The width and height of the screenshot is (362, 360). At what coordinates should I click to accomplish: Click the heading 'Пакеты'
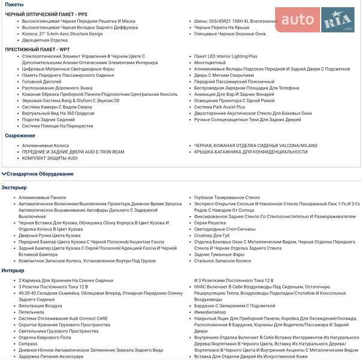pyautogui.click(x=14, y=4)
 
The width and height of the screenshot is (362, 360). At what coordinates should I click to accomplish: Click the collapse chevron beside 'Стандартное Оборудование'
pyautogui.click(x=4, y=174)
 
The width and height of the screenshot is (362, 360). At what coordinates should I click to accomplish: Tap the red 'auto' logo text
pyautogui.click(x=297, y=20)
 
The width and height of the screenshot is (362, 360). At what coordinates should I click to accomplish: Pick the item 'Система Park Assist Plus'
pyautogui.click(x=220, y=106)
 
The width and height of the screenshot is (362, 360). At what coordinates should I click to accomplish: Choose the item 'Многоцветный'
pyautogui.click(x=210, y=62)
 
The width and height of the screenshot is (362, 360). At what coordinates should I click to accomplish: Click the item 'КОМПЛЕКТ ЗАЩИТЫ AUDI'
pyautogui.click(x=50, y=158)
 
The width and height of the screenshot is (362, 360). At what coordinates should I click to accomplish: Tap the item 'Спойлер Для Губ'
pyautogui.click(x=212, y=235)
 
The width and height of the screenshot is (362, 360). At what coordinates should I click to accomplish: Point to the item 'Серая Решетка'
pyautogui.click(x=210, y=222)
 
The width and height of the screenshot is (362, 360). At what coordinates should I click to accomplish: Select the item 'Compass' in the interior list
pyautogui.click(x=28, y=344)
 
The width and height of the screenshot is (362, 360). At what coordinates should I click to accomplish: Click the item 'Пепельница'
pyautogui.click(x=31, y=312)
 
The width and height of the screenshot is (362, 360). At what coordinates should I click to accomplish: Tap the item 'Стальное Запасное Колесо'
pyautogui.click(x=222, y=261)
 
